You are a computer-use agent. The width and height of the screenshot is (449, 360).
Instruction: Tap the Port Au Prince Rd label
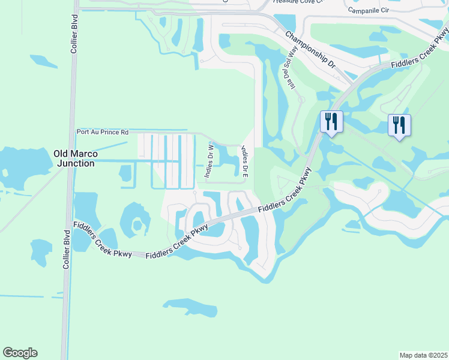pyautogui.click(x=103, y=132)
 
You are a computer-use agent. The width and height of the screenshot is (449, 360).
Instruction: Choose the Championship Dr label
pyautogui.click(x=310, y=49)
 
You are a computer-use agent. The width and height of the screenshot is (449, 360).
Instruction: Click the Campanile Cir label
pyautogui.click(x=368, y=10)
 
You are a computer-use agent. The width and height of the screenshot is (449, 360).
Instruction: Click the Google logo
pyautogui.click(x=20, y=353)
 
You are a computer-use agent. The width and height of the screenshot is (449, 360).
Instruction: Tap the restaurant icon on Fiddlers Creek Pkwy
pyautogui.click(x=331, y=122)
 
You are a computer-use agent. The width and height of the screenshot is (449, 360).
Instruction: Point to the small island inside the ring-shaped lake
pyautogui.click(x=138, y=226)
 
